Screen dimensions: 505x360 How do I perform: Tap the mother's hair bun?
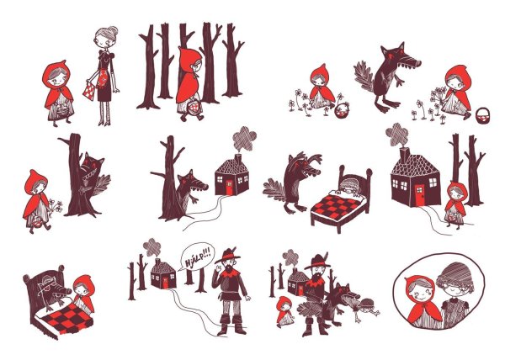coord(114,31)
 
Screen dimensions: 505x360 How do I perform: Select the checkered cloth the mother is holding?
coord(90,90)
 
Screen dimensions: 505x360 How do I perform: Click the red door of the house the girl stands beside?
coord(419,194)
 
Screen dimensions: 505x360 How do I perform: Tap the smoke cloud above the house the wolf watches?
coord(244,138)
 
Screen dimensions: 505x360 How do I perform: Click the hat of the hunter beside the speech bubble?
coord(228,255)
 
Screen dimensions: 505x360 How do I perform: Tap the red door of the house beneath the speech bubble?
coord(165,283)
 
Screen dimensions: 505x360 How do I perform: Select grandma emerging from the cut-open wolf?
coord(366,310)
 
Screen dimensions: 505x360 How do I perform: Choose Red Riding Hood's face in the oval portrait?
coord(421,293)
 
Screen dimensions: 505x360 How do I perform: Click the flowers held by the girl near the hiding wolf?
coord(55,206)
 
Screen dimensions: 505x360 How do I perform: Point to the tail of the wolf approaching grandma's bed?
coord(274,190)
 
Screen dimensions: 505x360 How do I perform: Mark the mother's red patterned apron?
coord(104,77)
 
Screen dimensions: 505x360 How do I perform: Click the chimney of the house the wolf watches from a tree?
coord(238,159)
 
